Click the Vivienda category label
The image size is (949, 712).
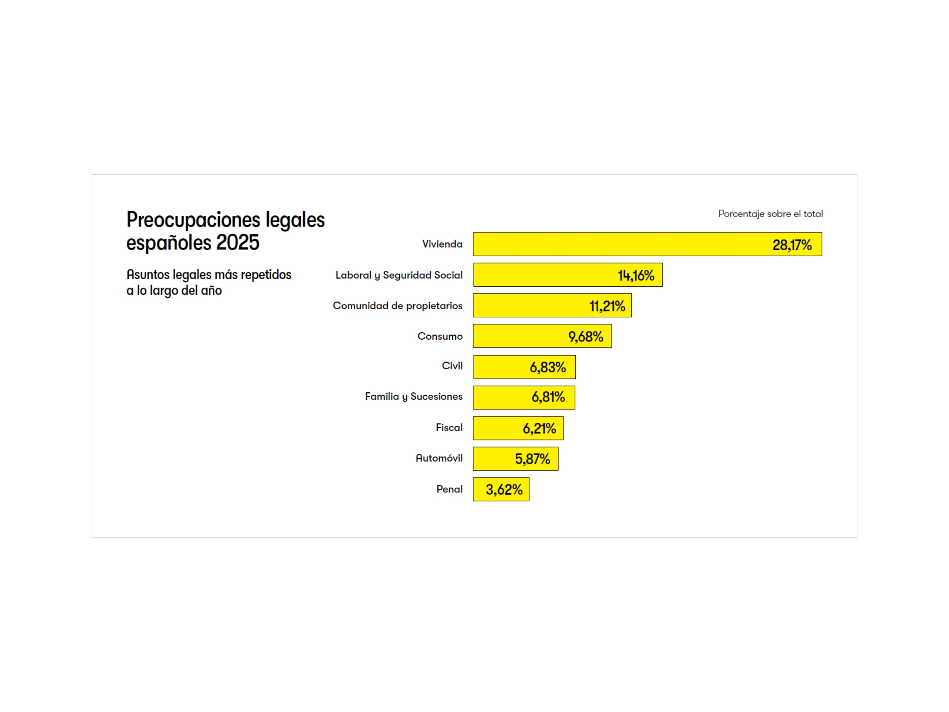point(442,244)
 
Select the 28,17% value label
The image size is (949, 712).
point(791,245)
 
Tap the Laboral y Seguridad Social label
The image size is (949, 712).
point(399,275)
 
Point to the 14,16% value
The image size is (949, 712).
point(636,276)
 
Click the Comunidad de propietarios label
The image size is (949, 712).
point(397,306)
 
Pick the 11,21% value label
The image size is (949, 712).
point(607,306)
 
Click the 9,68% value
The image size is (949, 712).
point(586,337)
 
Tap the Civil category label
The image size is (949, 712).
point(452,366)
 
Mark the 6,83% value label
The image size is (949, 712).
point(548,367)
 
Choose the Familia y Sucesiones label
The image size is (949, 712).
point(414,396)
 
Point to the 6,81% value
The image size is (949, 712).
point(548,398)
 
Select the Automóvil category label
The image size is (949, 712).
point(439,458)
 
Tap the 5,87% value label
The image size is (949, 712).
point(532,459)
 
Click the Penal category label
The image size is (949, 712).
point(449,489)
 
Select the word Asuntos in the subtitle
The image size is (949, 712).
point(148,275)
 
